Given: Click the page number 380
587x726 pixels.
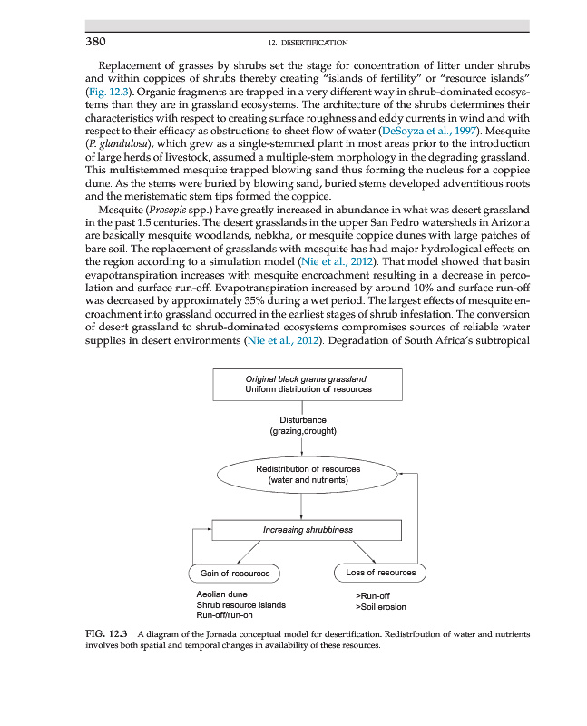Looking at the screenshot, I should click(x=97, y=42).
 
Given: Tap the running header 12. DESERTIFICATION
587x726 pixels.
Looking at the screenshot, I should click(x=308, y=43).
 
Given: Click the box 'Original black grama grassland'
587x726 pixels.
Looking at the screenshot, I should click(x=307, y=383).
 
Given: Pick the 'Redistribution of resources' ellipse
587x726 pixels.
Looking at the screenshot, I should click(x=308, y=474).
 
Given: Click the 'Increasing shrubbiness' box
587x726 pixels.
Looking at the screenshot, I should click(x=307, y=530).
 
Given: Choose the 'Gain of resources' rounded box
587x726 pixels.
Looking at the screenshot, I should click(x=234, y=574).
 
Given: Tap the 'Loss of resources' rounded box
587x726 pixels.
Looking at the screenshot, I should click(x=380, y=573).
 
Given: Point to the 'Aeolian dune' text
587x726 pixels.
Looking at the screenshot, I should click(x=221, y=594).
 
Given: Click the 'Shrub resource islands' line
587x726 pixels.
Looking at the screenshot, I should click(x=240, y=604).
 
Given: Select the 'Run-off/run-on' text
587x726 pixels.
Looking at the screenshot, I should click(x=225, y=615).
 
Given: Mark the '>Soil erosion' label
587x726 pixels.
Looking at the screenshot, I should click(x=380, y=606).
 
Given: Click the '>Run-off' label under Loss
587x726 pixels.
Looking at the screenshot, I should click(x=373, y=595).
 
